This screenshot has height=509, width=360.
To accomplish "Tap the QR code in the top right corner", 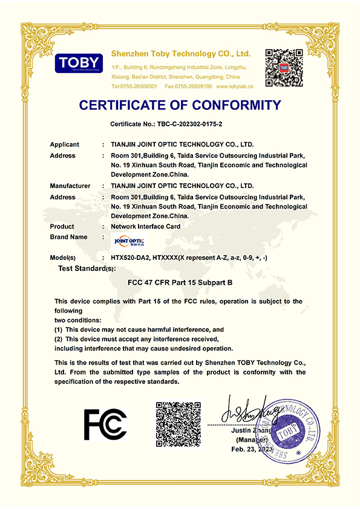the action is coord(284,67).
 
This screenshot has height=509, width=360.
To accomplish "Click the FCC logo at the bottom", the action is coord(105,424).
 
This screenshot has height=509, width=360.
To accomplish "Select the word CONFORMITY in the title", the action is coord(233,105).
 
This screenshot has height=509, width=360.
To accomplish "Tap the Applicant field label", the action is coord(65,144).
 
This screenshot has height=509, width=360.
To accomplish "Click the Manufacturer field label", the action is coord(70,186).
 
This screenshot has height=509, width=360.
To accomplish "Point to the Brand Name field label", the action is coord(68,237).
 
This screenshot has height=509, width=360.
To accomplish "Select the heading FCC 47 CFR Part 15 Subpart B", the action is coord(180,282).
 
